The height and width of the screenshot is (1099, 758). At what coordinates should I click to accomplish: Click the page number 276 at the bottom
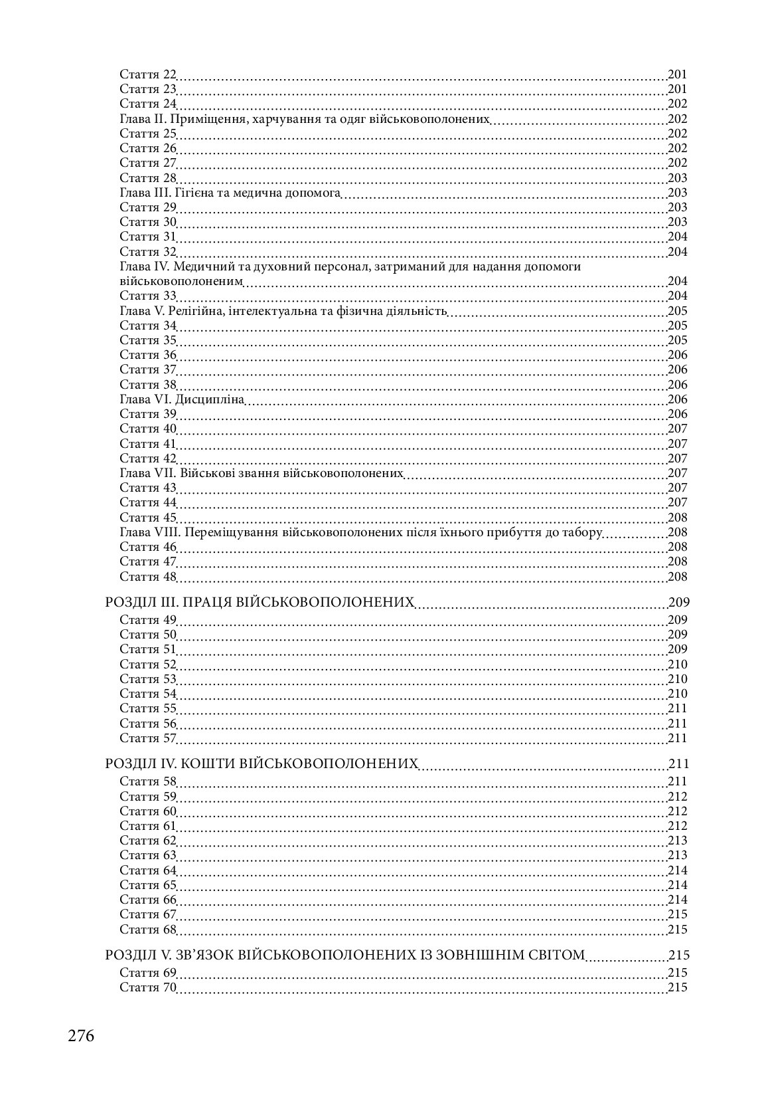(81, 1036)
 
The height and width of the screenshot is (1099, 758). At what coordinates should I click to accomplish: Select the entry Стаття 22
(148, 74)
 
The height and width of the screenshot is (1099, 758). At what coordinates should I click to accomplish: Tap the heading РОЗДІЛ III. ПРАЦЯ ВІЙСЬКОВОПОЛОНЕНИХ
(260, 603)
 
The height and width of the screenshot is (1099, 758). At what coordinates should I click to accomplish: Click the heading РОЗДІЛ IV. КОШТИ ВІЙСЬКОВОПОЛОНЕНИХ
(262, 764)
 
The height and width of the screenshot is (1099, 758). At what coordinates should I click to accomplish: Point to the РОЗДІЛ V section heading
(344, 955)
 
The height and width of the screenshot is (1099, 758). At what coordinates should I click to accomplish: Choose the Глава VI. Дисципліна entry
(182, 399)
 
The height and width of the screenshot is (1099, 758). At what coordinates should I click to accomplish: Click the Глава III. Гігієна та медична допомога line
(230, 193)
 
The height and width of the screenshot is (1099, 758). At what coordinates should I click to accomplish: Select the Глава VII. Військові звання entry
(262, 473)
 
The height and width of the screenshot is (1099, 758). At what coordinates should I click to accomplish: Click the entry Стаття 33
(148, 296)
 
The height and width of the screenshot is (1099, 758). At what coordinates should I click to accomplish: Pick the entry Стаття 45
(148, 518)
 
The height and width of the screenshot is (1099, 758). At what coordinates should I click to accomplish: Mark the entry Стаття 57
(148, 738)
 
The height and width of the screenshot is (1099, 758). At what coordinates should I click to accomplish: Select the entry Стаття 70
(148, 987)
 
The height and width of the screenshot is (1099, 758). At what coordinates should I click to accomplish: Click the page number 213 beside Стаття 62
(677, 841)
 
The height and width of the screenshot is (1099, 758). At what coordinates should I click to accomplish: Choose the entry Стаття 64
(148, 870)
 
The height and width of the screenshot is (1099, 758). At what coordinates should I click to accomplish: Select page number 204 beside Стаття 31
(677, 237)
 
